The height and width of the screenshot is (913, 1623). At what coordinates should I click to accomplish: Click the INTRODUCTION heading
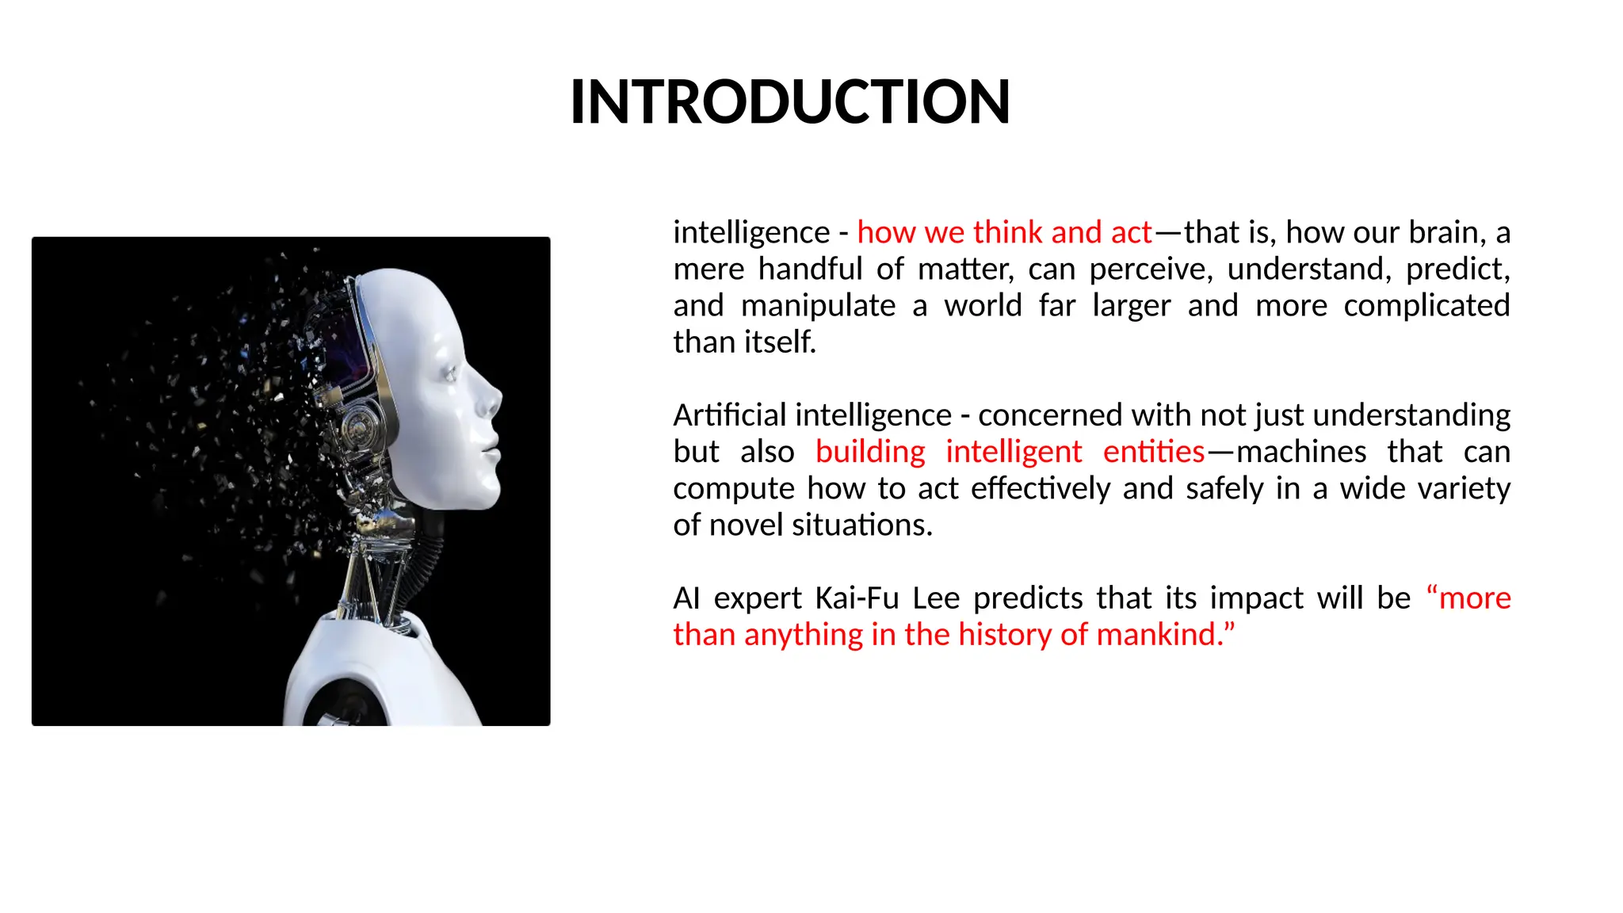790,102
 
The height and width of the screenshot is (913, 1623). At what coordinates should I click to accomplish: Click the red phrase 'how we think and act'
1004,232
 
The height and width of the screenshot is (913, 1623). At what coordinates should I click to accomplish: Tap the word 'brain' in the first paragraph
1446,232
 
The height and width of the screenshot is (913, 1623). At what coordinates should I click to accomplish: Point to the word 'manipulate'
818,306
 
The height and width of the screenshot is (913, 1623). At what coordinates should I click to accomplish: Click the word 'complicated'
1426,306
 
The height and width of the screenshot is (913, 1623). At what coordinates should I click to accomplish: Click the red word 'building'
870,452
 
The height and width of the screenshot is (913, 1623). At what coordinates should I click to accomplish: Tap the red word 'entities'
1154,452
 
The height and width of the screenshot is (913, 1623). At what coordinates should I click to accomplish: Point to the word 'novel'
746,525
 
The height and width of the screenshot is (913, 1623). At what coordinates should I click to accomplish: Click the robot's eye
451,372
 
